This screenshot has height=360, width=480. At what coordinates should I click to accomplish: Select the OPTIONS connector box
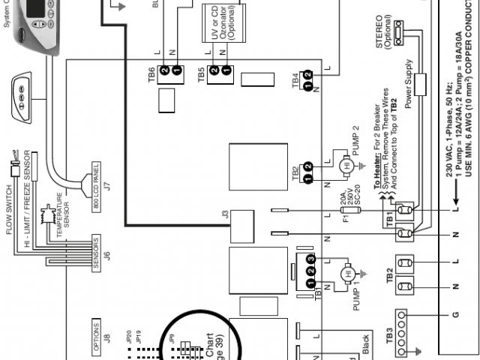tap(95, 331)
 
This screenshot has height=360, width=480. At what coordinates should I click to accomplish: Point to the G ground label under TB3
tap(454, 315)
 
